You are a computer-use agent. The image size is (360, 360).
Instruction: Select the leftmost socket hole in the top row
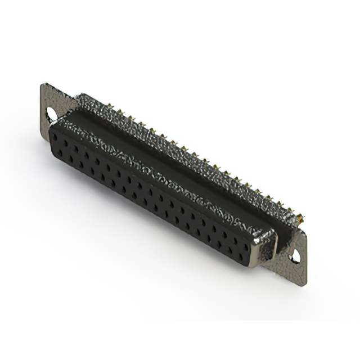(x=56, y=138)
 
